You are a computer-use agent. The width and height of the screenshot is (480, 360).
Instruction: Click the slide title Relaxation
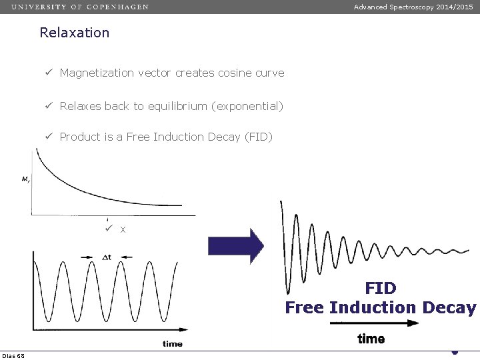click(74, 33)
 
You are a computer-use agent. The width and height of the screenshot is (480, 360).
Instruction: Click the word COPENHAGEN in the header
click(117, 7)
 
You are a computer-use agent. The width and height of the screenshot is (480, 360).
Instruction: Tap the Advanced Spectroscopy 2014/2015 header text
click(413, 7)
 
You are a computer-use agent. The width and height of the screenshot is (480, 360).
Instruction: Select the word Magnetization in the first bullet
click(93, 73)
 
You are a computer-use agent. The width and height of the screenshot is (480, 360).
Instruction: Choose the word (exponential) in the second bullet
click(253, 106)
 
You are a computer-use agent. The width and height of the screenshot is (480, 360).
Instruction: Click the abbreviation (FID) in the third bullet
click(259, 137)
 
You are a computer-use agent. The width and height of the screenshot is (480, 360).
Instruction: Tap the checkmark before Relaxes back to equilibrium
click(49, 106)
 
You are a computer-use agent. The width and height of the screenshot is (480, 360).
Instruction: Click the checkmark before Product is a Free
click(49, 137)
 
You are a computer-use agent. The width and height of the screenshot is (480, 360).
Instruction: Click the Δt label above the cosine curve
click(107, 257)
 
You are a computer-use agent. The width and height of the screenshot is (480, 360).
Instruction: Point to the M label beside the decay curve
click(25, 178)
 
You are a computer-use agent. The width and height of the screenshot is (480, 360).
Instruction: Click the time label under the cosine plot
click(172, 344)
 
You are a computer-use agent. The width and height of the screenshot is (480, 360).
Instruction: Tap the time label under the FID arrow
click(371, 339)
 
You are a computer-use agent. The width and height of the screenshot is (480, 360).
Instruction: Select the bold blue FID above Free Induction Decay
click(381, 289)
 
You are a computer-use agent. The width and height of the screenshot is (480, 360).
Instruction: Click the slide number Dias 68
click(13, 355)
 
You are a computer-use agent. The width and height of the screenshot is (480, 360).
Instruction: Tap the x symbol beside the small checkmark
click(123, 230)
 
